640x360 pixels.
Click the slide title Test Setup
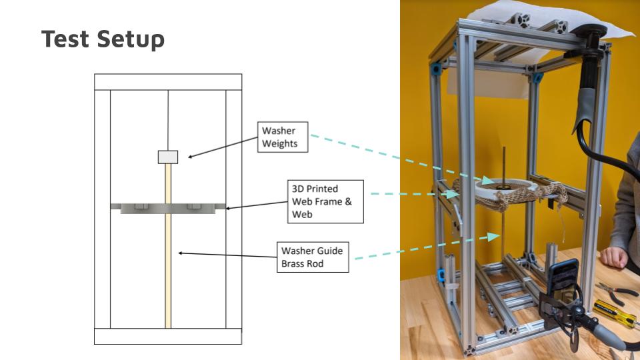pyautogui.click(x=103, y=39)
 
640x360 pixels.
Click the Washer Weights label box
pyautogui.click(x=283, y=137)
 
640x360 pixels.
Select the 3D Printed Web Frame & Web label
pyautogui.click(x=326, y=201)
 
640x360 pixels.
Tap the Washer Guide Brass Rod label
pyautogui.click(x=312, y=257)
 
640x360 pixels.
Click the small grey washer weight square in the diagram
pyautogui.click(x=168, y=157)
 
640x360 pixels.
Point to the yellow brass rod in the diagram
pyautogui.click(x=168, y=267)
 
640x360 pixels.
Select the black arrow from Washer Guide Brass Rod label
pyautogui.click(x=227, y=253)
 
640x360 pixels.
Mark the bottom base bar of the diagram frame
pyautogui.click(x=168, y=336)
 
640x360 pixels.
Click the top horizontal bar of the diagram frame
pyautogui.click(x=168, y=81)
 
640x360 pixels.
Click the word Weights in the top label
pyautogui.click(x=279, y=143)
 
